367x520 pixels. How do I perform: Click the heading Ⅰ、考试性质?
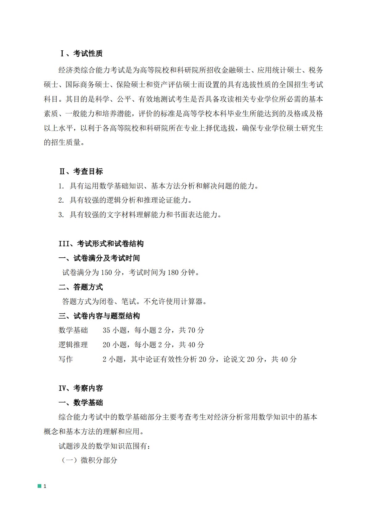coord(81,53)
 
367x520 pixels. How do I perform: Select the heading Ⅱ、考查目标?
coord(81,171)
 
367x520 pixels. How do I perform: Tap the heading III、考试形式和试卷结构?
coord(101,244)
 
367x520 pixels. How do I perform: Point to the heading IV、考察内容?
coord(81,388)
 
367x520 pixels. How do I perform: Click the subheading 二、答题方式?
coord(81,287)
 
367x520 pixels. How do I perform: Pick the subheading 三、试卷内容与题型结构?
coord(99,316)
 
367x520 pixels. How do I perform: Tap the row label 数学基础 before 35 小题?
coord(73,330)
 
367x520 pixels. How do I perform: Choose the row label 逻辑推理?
coord(73,345)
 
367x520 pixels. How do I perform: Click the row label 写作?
coord(66,359)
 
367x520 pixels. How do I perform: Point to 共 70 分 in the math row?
coord(192,330)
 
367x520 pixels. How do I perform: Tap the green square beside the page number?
coord(39,486)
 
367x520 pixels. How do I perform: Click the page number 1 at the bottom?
coord(45,486)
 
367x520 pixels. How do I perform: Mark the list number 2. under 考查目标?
coord(61,201)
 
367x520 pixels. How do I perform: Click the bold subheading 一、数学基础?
coord(81,403)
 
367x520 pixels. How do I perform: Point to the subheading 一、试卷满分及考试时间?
coord(99,258)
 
